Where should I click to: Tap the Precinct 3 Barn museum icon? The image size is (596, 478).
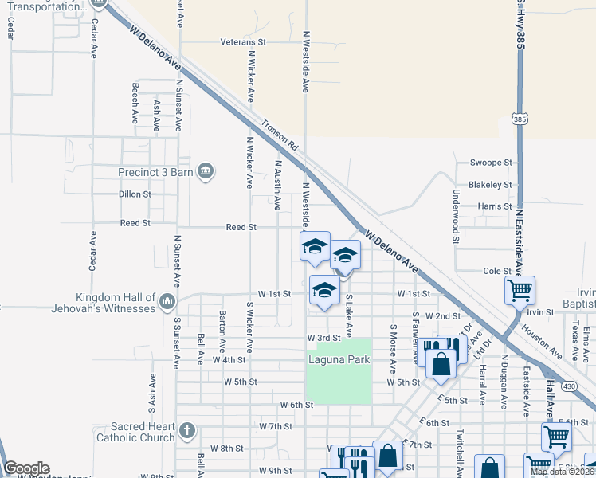[206, 171]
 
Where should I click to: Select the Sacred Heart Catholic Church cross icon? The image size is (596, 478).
[186, 432]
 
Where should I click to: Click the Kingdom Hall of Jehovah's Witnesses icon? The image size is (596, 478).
[167, 301]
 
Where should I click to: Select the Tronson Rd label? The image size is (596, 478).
[280, 135]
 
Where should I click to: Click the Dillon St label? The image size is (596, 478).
[135, 194]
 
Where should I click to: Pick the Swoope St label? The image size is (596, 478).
[491, 163]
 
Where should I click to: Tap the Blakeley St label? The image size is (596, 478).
[490, 185]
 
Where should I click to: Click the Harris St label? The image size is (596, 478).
[495, 206]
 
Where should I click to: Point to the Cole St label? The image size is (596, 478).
[497, 272]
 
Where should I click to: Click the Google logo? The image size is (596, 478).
[26, 468]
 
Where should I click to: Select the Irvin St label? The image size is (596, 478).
[539, 312]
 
